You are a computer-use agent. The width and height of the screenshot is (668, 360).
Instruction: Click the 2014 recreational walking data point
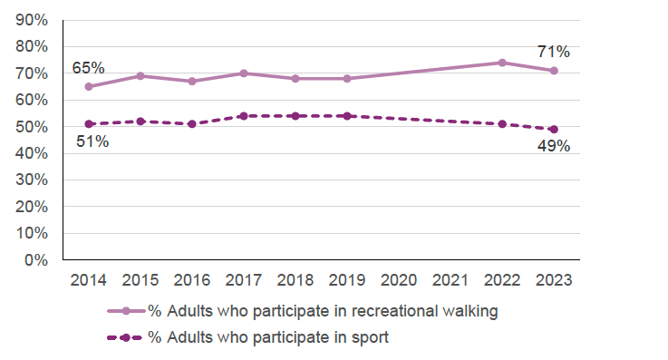tap(88, 87)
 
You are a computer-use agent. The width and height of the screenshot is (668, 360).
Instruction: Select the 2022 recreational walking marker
tap(501, 63)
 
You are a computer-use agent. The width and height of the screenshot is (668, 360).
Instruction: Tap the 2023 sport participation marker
tap(553, 129)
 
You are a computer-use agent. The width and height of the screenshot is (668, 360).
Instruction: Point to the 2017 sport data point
tap(243, 116)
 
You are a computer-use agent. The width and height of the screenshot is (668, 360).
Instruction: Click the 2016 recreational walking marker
tap(191, 82)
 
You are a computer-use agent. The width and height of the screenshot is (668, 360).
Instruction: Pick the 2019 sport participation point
tap(346, 116)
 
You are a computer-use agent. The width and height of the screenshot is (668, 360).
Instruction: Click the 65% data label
tap(89, 68)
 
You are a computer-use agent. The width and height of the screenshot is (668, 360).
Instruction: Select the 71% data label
tap(552, 52)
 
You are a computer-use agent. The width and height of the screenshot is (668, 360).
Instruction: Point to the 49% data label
tap(552, 147)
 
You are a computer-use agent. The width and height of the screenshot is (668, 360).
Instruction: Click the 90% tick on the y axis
tap(33, 20)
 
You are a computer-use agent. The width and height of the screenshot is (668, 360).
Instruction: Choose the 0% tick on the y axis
tap(37, 260)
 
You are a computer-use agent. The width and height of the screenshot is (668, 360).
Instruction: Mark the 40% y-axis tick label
tap(33, 153)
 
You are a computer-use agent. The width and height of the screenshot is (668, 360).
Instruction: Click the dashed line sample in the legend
tap(125, 337)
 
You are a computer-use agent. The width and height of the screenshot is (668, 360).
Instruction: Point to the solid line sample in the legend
tap(125, 312)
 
